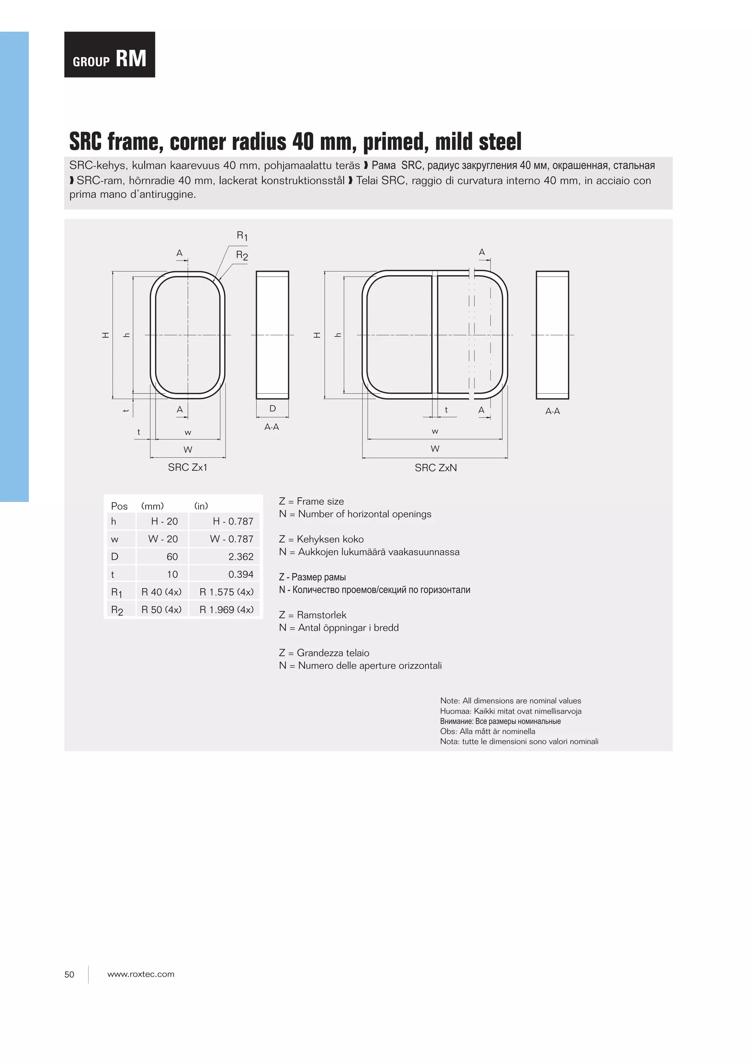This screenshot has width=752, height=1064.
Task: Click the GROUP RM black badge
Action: pyautogui.click(x=109, y=55)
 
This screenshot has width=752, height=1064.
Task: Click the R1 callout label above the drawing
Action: pyautogui.click(x=242, y=236)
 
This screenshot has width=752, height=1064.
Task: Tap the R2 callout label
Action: pyautogui.click(x=242, y=255)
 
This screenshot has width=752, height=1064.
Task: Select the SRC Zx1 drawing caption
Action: pyautogui.click(x=188, y=468)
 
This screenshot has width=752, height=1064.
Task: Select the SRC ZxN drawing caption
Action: pyautogui.click(x=435, y=468)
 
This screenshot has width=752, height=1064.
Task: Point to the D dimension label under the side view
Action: pyautogui.click(x=272, y=408)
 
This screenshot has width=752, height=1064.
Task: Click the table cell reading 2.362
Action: pyautogui.click(x=241, y=556)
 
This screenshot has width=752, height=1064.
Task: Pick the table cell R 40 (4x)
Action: pyautogui.click(x=161, y=592)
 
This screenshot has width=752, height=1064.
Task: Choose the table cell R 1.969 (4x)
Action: pyautogui.click(x=227, y=609)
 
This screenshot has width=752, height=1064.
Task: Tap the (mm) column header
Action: pyautogui.click(x=152, y=506)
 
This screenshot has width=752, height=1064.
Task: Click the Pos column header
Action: pyautogui.click(x=119, y=506)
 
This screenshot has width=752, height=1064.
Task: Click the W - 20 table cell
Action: pyautogui.click(x=163, y=539)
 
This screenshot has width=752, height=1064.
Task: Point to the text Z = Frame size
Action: pyautogui.click(x=311, y=501)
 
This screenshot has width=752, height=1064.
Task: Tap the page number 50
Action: pyautogui.click(x=69, y=974)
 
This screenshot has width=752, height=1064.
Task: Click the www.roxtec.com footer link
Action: pyautogui.click(x=141, y=974)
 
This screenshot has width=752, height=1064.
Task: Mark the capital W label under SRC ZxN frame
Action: pyautogui.click(x=435, y=448)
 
